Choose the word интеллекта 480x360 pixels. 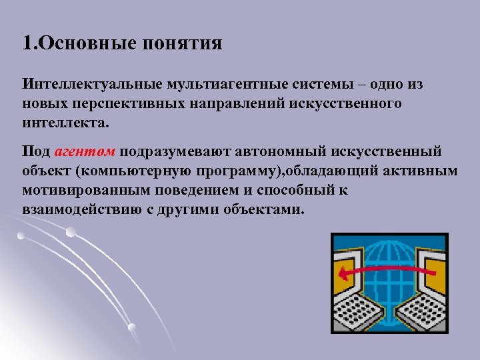63,124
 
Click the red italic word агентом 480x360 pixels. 86,151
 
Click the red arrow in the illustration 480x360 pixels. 380,271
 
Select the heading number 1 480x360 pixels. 27,44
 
